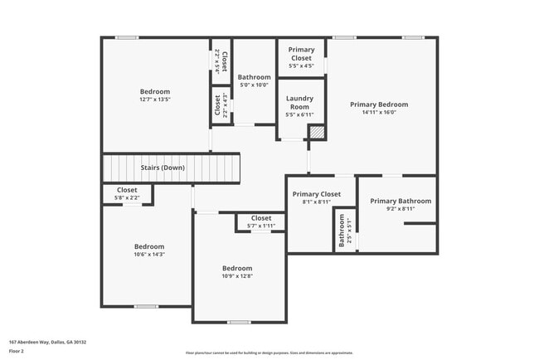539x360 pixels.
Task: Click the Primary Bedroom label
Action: [379, 105]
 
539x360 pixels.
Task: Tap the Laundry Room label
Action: [299, 102]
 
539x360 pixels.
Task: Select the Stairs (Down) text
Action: [163, 168]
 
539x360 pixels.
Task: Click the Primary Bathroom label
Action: [401, 201]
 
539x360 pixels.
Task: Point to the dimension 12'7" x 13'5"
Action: [154, 100]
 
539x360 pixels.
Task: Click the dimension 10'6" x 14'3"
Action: [149, 255]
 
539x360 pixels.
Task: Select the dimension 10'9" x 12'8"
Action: [237, 277]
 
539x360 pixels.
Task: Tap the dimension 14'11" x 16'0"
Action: [379, 113]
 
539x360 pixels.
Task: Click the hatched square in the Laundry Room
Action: [315, 132]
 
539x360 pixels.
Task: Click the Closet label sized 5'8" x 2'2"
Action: [127, 190]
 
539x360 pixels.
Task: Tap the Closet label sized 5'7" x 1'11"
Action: [261, 218]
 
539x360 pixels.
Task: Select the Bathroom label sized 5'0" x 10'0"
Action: [255, 77]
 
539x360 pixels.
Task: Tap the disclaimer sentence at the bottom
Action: [269, 353]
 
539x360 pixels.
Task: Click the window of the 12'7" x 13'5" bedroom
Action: [126, 37]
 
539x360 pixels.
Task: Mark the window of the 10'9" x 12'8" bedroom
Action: [239, 322]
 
